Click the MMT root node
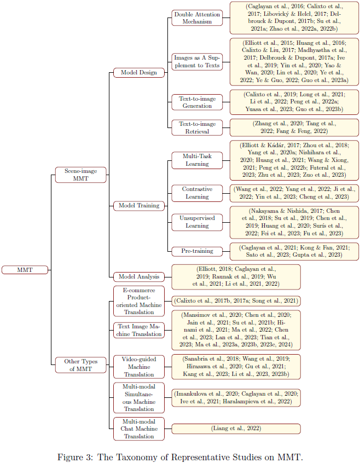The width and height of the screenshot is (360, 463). pos(25,269)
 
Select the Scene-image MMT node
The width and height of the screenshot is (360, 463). pos(81,175)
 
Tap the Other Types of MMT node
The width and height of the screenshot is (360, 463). pos(81,364)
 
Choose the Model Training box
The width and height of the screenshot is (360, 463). pos(139,206)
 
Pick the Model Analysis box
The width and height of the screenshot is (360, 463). pos(139,277)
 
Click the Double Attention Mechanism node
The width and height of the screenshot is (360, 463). pos(197,18)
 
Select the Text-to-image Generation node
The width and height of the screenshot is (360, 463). pos(197,102)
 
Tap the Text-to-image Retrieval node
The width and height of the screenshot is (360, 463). pos(197,128)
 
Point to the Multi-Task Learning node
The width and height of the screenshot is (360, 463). pos(197,160)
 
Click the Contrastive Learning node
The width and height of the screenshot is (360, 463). pos(197,193)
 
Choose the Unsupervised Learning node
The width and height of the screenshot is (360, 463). pos(197,222)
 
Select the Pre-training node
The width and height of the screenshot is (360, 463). pos(197,251)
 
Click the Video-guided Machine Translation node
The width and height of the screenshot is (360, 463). pos(139,367)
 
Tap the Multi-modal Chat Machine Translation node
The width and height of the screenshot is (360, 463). pos(139,429)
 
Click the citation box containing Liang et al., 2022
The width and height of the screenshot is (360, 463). pos(236,429)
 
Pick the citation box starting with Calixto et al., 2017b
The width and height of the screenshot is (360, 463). pos(236,300)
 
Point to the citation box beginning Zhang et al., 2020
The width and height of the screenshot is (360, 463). pos(294,128)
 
